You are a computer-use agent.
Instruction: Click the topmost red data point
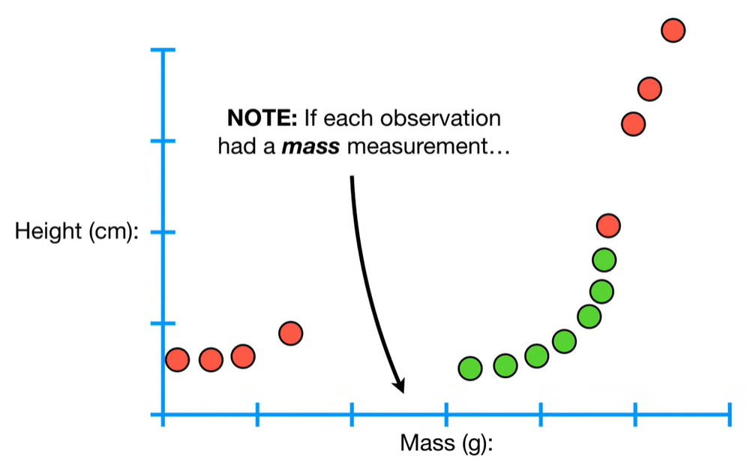click(x=673, y=30)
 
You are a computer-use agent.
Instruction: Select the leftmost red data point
click(x=177, y=360)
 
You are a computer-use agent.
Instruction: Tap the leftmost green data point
click(x=470, y=367)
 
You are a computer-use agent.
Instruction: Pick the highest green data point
click(x=604, y=260)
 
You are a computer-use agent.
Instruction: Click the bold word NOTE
click(x=262, y=118)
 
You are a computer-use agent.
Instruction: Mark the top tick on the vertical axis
click(x=163, y=50)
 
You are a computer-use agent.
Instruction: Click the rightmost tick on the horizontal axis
click(x=730, y=415)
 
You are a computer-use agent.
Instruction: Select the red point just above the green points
click(x=608, y=224)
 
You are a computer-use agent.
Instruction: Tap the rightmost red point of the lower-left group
click(x=291, y=333)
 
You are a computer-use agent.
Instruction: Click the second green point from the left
click(x=505, y=365)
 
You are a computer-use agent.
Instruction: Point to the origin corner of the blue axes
click(x=163, y=415)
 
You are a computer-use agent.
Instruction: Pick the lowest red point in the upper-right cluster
click(x=634, y=124)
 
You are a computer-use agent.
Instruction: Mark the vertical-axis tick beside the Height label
click(x=163, y=232)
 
